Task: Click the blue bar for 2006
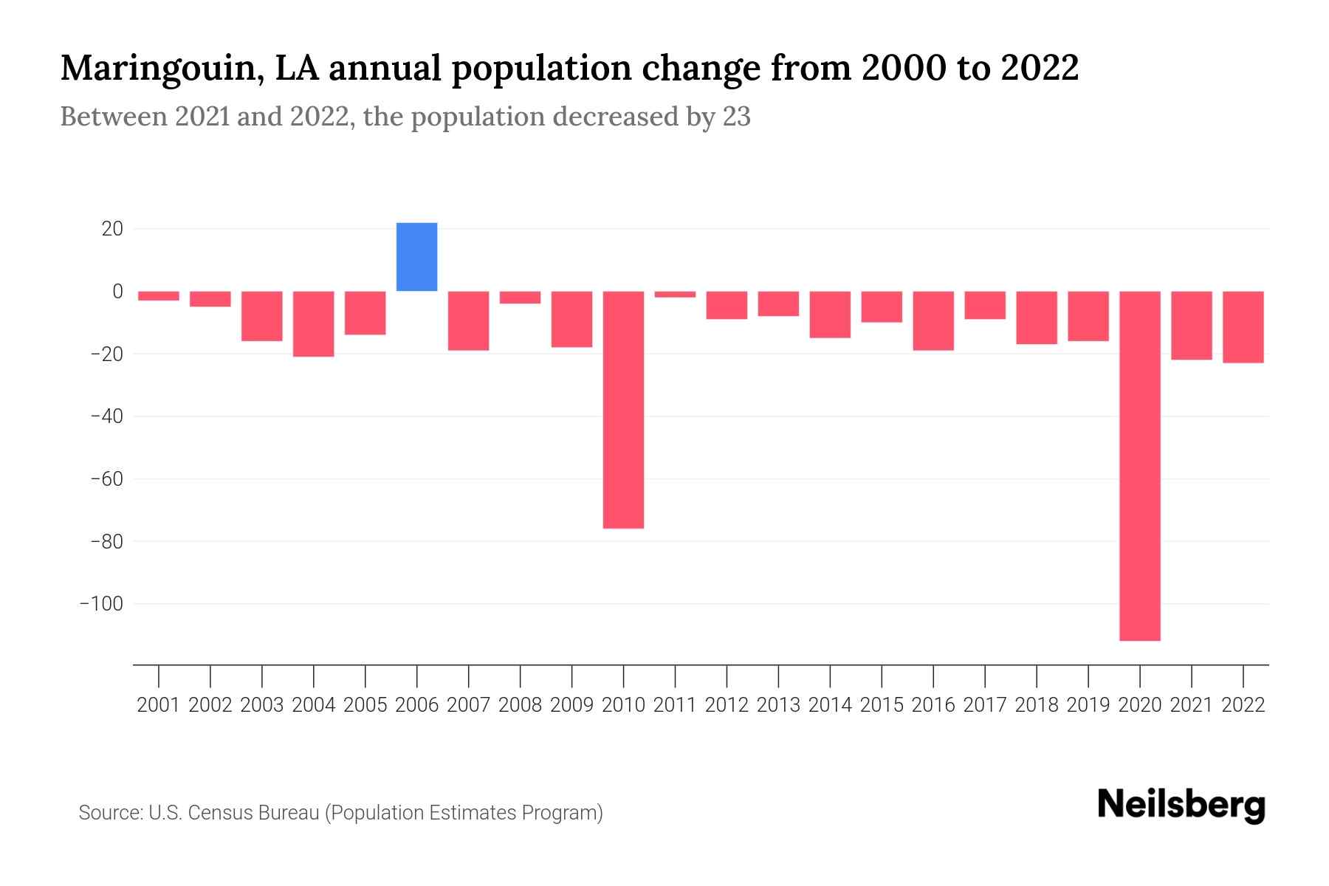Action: coord(416,257)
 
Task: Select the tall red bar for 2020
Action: coord(1139,465)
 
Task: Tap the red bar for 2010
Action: coord(623,410)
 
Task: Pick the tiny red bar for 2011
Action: coord(675,295)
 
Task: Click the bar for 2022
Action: coord(1243,327)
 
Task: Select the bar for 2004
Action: coord(314,324)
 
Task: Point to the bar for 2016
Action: coord(933,320)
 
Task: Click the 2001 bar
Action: coord(159,296)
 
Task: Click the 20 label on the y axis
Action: coord(112,229)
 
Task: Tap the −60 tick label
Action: coord(106,479)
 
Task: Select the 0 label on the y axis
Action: coord(117,292)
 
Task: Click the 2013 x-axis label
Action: coord(778,705)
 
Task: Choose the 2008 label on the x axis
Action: coord(520,705)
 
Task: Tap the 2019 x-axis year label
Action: coord(1088,705)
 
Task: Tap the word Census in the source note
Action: coord(218,813)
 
